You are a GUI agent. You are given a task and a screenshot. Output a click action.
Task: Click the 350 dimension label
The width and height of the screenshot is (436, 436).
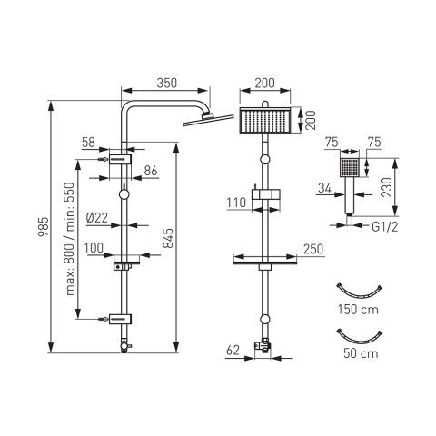pos(166,83)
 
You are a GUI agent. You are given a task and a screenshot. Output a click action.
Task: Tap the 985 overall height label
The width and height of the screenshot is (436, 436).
pos(44,227)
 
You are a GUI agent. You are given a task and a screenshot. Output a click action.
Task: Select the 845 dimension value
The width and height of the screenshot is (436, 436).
pos(168,238)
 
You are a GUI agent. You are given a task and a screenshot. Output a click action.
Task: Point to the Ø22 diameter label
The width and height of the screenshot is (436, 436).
pos(97,218)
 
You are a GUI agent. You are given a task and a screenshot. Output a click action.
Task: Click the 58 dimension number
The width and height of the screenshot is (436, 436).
pos(88,143)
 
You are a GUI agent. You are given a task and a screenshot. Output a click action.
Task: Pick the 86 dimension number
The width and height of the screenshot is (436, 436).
pos(151,171)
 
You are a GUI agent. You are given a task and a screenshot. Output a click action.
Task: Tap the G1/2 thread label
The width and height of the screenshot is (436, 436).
pos(384,227)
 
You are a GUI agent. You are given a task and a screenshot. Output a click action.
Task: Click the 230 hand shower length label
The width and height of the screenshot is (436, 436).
pos(387,187)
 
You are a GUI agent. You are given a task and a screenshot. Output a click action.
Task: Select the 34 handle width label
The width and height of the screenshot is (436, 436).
pos(325,188)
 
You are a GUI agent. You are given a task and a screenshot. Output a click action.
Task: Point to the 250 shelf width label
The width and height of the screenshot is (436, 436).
pos(313,249)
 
